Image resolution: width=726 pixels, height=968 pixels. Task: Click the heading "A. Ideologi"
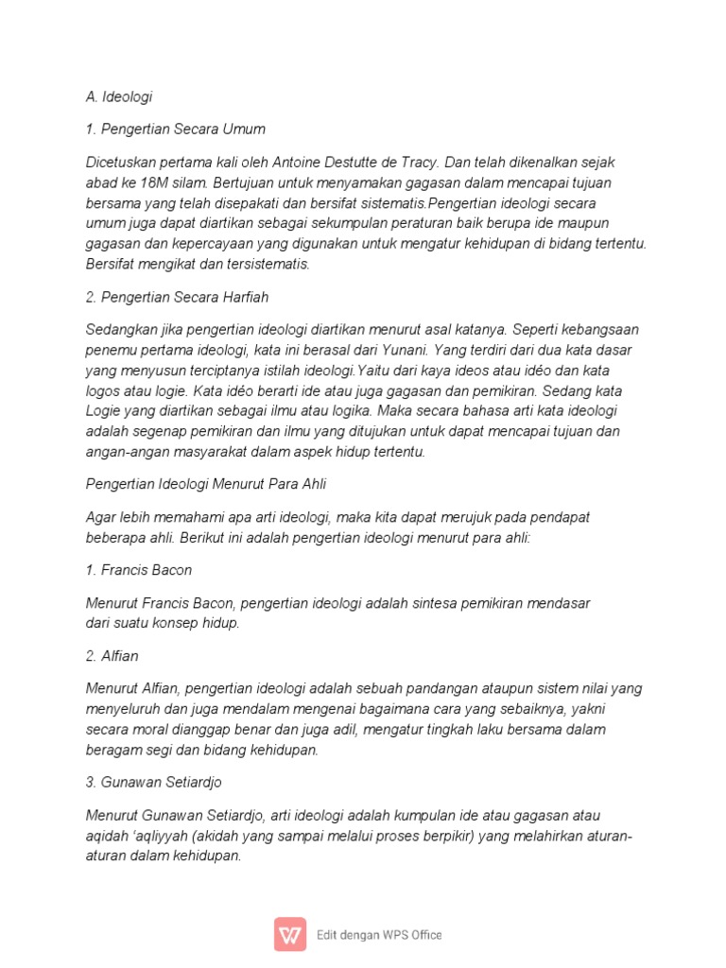point(118,95)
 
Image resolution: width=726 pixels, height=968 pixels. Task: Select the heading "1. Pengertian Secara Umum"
point(175,129)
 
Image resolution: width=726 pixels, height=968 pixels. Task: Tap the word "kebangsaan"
point(597,330)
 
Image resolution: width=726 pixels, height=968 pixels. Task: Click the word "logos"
point(103,390)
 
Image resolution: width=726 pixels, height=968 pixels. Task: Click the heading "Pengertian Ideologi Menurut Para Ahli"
point(206,484)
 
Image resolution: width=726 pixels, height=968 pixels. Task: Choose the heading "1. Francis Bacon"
point(139,570)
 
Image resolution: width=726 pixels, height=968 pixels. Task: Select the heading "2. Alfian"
point(112,655)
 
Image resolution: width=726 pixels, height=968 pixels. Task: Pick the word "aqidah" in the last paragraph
point(107,836)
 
